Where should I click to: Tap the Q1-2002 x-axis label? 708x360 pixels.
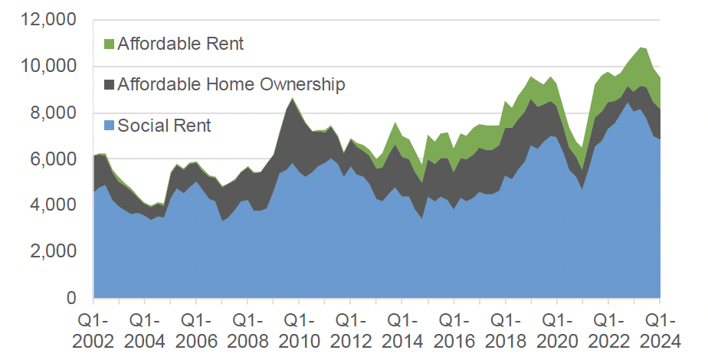(93, 329)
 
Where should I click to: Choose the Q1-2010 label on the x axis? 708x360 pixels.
(299, 329)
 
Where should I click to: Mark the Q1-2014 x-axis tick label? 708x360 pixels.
(402, 329)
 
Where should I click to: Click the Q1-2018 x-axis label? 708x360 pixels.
(504, 329)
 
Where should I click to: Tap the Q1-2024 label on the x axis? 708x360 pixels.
(659, 329)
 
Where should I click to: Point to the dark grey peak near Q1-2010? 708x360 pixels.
(292, 107)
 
